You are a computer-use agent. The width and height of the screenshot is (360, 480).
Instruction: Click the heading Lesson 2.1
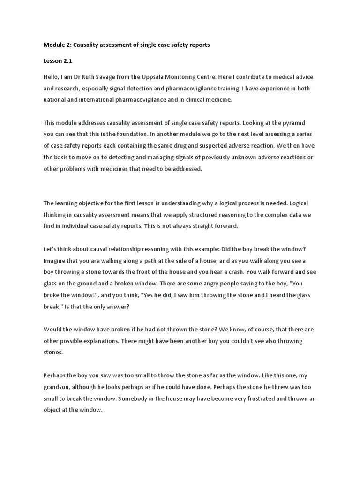(x=58, y=61)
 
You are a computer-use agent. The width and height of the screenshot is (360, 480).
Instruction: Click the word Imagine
(x=56, y=260)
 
